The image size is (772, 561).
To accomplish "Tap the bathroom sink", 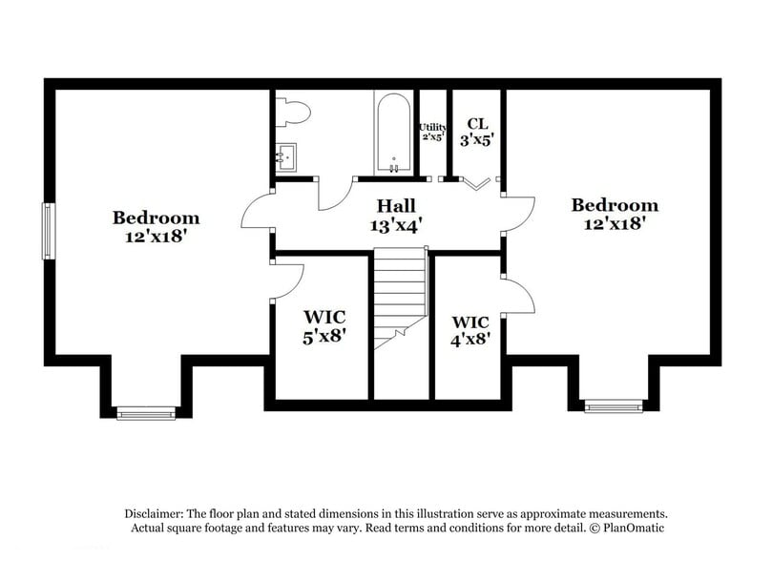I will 285,156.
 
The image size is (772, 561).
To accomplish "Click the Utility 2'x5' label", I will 432,131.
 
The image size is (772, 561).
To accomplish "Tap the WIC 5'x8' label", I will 323,325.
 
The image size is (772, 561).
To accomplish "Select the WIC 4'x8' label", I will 470,329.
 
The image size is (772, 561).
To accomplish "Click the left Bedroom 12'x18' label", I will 156,226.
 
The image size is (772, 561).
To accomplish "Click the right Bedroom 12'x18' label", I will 614,214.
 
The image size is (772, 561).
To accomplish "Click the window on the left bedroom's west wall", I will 47,230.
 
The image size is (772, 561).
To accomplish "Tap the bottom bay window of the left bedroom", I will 146,412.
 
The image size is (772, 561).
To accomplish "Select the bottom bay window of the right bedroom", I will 610,407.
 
